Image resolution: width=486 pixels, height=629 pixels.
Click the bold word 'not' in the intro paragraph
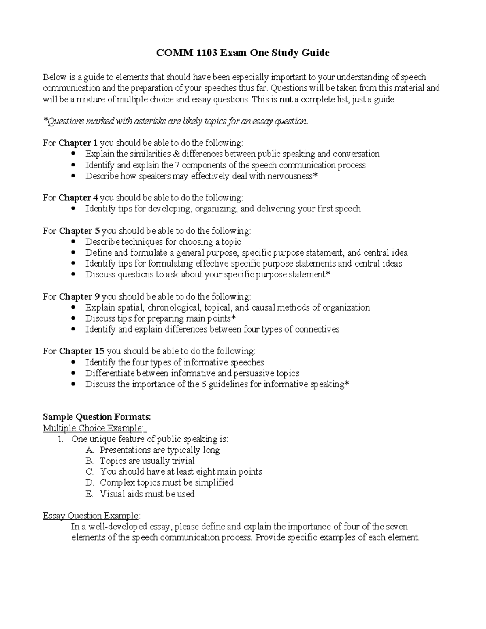286,99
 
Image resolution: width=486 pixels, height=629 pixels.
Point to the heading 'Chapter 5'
79,231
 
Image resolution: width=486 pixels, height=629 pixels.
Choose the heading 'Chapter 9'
79,297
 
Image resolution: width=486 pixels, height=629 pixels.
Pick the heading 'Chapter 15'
81,351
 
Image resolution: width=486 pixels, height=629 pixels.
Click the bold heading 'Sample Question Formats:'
97,417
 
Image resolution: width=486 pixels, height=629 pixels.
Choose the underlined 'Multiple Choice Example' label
93,428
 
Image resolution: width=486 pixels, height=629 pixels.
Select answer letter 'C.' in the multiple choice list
90,472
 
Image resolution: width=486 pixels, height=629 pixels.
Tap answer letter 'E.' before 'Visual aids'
90,494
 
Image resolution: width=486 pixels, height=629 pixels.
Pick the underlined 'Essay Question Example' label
91,516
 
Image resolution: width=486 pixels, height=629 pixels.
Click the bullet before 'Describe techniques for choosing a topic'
73,242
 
